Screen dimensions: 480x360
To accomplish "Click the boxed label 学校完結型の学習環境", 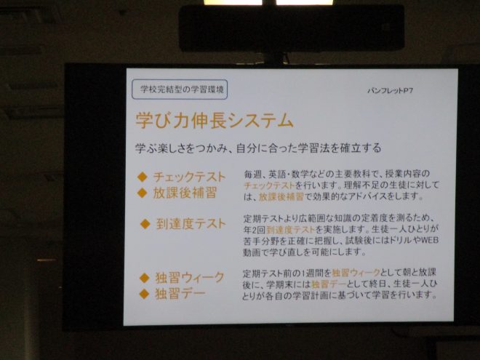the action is click(x=180, y=89).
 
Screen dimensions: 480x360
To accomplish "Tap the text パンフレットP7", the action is click(x=391, y=91).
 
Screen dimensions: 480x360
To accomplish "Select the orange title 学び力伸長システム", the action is click(x=215, y=120).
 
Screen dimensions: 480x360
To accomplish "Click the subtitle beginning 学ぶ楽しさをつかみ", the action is click(x=258, y=148).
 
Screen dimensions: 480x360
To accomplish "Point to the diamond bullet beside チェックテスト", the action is click(x=143, y=177).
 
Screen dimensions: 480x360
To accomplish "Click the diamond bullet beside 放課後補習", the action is click(x=143, y=193).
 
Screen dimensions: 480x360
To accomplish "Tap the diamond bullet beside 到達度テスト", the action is click(x=145, y=225).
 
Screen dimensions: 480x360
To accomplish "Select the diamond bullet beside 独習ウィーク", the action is click(x=144, y=278).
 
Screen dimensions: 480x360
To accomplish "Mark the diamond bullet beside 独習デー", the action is click(x=144, y=295).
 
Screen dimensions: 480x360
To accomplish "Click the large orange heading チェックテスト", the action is click(x=189, y=177).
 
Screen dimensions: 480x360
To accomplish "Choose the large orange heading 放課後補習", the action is click(x=185, y=193).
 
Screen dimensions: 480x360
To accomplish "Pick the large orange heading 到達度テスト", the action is click(x=191, y=224).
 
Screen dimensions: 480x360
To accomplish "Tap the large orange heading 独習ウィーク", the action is click(x=190, y=278).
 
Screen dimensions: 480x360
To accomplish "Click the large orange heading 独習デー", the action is click(x=180, y=294).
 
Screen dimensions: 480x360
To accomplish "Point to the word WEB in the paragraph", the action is click(x=430, y=240).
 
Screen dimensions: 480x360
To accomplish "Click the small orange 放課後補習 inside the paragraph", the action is click(x=281, y=196).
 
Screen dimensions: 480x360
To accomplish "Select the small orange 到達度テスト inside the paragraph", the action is click(x=290, y=229).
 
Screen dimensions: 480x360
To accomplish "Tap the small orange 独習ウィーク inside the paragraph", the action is click(x=356, y=273).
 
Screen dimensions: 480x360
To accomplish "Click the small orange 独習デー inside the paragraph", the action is click(x=328, y=284).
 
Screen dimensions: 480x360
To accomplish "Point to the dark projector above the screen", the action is click(x=292, y=28).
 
